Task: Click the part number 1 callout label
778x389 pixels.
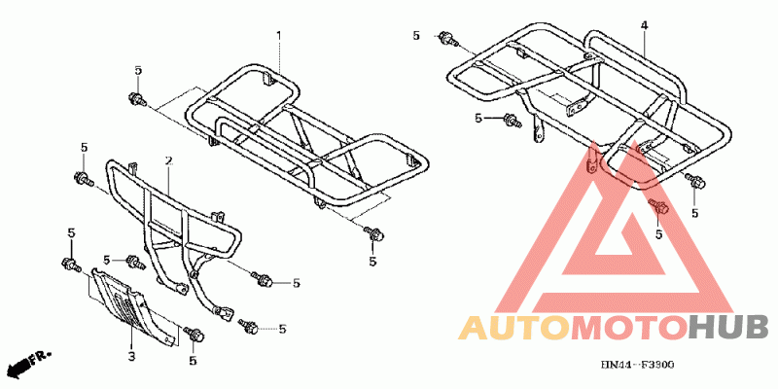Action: coord(278,36)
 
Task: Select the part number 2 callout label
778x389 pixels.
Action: coord(168,159)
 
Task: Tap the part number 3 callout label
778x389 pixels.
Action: coord(131,357)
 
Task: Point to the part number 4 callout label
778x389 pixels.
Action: coord(644,23)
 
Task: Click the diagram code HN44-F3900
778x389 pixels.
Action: coord(636,364)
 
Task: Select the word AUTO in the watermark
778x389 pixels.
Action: coord(512,328)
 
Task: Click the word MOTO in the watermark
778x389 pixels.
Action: coord(626,328)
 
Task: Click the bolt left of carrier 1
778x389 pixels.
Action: coord(136,98)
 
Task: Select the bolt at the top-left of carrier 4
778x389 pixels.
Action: coord(447,39)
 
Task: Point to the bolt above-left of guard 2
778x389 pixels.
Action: coord(81,178)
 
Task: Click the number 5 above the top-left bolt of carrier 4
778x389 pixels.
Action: coord(416,36)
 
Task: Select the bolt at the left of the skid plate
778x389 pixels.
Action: coord(70,264)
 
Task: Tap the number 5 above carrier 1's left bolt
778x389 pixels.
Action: coord(138,70)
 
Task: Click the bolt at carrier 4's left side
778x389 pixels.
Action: coord(509,120)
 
